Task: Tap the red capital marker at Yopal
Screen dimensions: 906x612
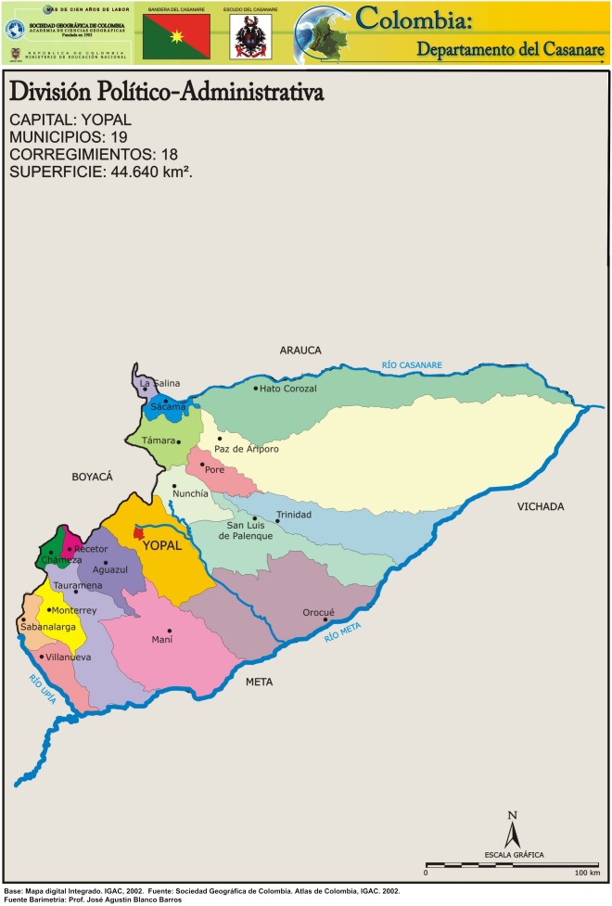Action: pos(139,531)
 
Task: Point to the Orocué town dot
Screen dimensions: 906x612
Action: pos(325,620)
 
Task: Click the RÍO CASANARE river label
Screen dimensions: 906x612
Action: pos(412,365)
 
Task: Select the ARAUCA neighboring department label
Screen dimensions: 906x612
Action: pos(300,350)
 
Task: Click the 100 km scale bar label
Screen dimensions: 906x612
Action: pos(587,874)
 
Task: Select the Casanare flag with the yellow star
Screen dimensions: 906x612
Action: pos(176,36)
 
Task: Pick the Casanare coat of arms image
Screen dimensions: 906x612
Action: pos(250,37)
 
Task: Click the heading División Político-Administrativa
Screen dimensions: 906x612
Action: pos(165,93)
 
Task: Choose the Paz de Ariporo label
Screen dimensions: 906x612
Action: pos(246,449)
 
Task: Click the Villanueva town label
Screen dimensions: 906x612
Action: pos(69,657)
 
